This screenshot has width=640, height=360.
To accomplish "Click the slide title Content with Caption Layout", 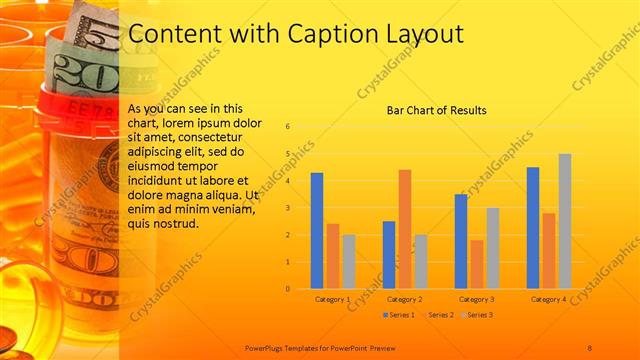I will pyautogui.click(x=296, y=33).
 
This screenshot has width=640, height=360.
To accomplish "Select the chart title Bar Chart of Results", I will pyautogui.click(x=437, y=110).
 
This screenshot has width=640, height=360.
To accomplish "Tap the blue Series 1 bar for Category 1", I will pyautogui.click(x=317, y=230).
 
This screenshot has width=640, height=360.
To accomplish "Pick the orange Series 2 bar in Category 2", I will pyautogui.click(x=405, y=229).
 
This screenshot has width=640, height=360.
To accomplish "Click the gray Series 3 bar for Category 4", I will pyautogui.click(x=565, y=221).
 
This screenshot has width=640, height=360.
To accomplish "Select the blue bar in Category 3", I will pyautogui.click(x=461, y=241).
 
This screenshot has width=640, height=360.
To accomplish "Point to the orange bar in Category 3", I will pyautogui.click(x=477, y=264).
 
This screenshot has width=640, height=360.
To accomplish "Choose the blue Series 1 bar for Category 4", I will pyautogui.click(x=533, y=228).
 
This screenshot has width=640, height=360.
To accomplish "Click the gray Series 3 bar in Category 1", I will pyautogui.click(x=349, y=262).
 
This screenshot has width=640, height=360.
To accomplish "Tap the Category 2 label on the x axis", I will pyautogui.click(x=404, y=299).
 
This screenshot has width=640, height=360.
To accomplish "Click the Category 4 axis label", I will pyautogui.click(x=548, y=299).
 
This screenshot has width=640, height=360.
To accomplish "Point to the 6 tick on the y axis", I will pyautogui.click(x=288, y=127).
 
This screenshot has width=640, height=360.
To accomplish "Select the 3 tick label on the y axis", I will pyautogui.click(x=288, y=208).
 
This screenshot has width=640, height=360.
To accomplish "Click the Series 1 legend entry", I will pyautogui.click(x=401, y=315).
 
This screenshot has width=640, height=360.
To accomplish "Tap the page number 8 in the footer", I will pyautogui.click(x=590, y=347).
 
